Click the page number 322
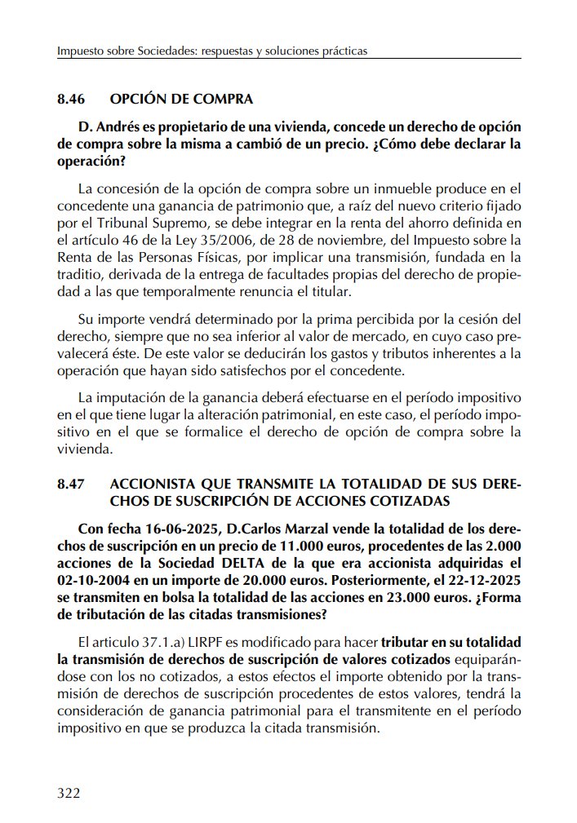pyautogui.click(x=69, y=794)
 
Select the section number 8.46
pyautogui.click(x=73, y=100)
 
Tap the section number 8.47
pyautogui.click(x=73, y=483)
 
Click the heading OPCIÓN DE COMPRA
pyautogui.click(x=181, y=100)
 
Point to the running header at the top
pyautogui.click(x=212, y=51)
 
